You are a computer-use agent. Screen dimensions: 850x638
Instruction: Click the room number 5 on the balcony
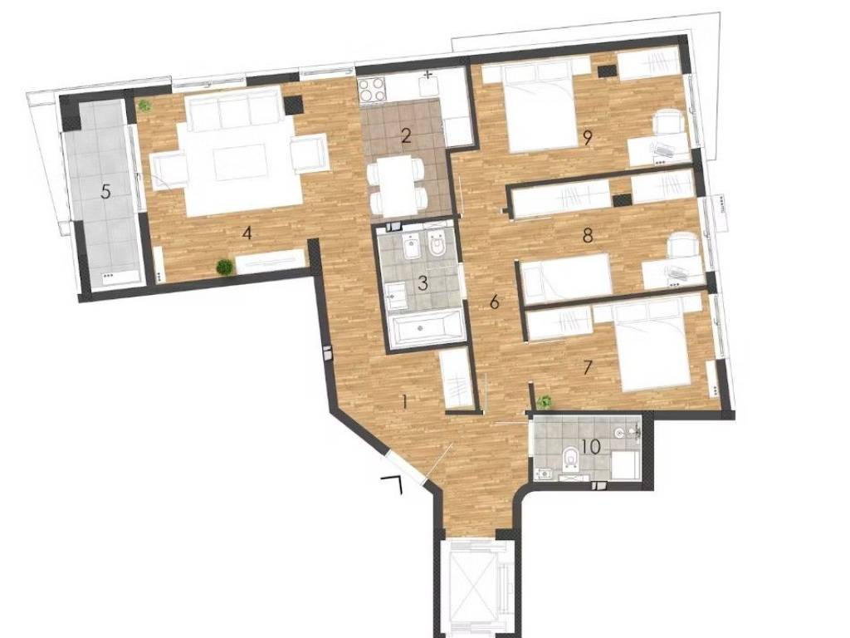tap(105, 192)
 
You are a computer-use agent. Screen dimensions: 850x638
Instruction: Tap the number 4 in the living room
tap(247, 233)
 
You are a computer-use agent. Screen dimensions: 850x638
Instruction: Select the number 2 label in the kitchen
tap(406, 135)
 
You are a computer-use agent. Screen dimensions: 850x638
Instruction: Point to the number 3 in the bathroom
tap(423, 282)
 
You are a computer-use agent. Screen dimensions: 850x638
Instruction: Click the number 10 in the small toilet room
tap(591, 446)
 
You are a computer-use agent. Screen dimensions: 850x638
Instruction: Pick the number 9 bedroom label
tap(587, 139)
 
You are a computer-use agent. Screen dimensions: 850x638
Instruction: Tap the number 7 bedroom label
tap(588, 368)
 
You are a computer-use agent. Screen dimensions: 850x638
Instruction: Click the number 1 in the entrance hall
tap(404, 402)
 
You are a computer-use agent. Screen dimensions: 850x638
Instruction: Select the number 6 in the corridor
tap(494, 302)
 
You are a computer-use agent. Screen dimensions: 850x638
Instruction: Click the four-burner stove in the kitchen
tap(373, 89)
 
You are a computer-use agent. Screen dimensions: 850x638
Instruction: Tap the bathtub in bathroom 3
tap(427, 327)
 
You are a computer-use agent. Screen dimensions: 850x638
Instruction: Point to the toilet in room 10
tap(570, 459)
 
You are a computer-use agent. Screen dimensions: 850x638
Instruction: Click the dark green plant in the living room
tap(224, 267)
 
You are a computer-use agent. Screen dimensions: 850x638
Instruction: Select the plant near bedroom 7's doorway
tap(545, 402)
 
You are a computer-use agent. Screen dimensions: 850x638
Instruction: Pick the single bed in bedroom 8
tap(565, 277)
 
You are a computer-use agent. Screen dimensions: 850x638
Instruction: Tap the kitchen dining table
tap(396, 184)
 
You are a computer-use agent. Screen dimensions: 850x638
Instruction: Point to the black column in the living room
tap(293, 105)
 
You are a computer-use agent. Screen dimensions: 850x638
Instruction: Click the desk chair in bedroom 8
tap(682, 245)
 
